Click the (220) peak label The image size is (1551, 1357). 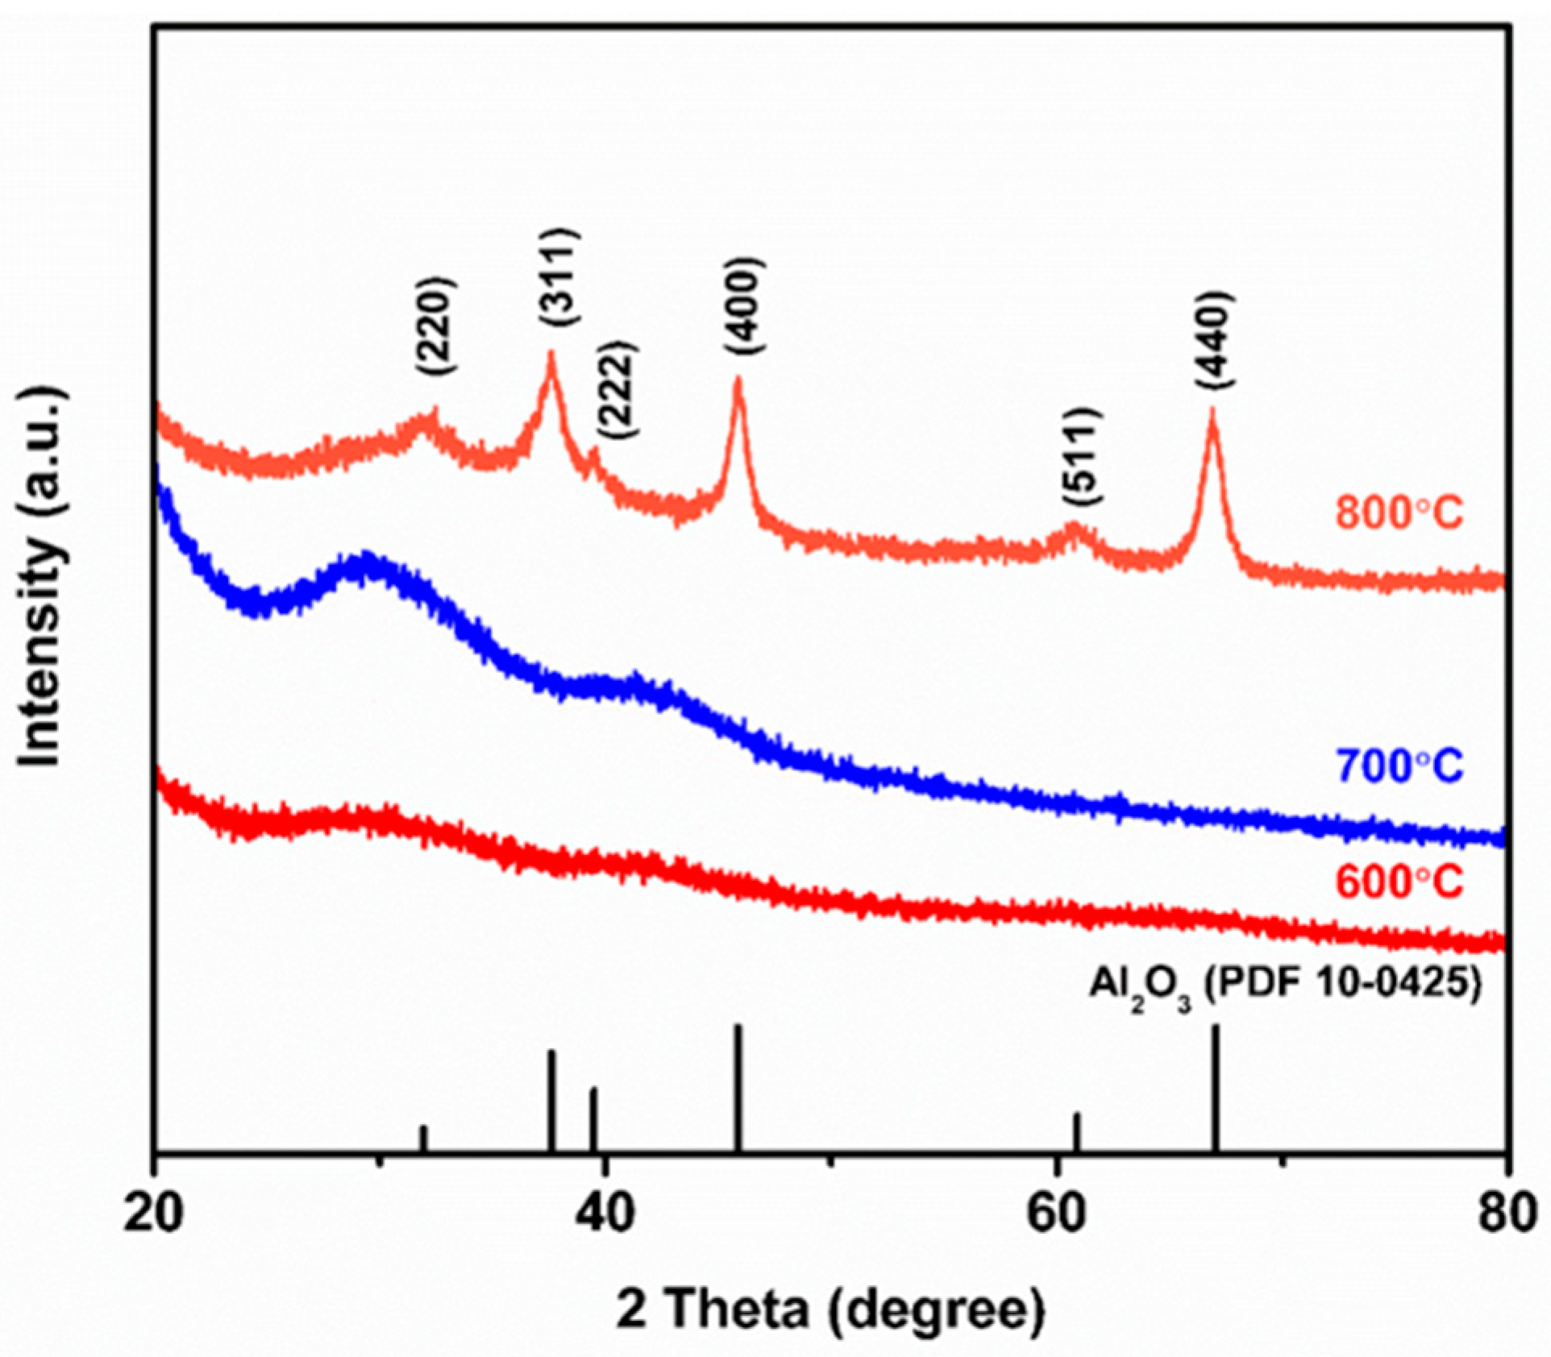[438, 326]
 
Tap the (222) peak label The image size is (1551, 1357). [618, 390]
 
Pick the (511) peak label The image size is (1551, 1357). [1081, 457]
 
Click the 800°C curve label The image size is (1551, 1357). [1399, 513]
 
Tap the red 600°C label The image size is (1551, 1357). [1399, 882]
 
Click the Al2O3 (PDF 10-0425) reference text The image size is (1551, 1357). [1286, 987]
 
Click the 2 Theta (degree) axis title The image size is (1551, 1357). [830, 1309]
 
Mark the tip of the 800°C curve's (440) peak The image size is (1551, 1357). [1212, 411]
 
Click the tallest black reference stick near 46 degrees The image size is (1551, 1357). [737, 1087]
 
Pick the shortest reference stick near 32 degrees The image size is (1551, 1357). [423, 1139]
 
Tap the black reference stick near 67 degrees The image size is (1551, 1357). [1216, 1087]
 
